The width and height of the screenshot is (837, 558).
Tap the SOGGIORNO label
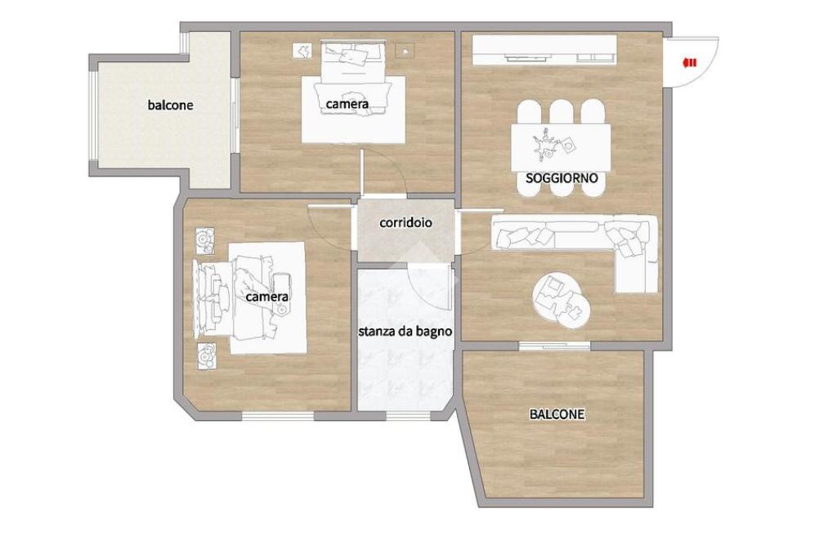point(562,178)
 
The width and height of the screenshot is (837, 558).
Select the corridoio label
point(405,222)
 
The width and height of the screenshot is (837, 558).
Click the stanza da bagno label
point(405,332)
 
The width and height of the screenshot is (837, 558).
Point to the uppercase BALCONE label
point(557,414)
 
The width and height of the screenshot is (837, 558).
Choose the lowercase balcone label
point(170,105)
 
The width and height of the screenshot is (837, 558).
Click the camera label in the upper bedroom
point(347,104)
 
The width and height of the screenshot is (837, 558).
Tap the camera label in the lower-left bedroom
point(267,297)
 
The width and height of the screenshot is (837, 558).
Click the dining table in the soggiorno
point(561,148)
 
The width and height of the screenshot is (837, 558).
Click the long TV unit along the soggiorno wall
point(544,50)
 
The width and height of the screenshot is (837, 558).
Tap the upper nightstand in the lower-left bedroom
point(205,241)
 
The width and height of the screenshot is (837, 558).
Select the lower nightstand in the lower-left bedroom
point(206,356)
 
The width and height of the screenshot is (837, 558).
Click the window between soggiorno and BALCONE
point(554,346)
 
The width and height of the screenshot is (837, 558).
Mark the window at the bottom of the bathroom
point(408,416)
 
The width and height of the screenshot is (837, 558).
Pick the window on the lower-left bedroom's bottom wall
point(278,416)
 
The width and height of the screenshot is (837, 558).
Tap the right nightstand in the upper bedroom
point(405,51)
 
